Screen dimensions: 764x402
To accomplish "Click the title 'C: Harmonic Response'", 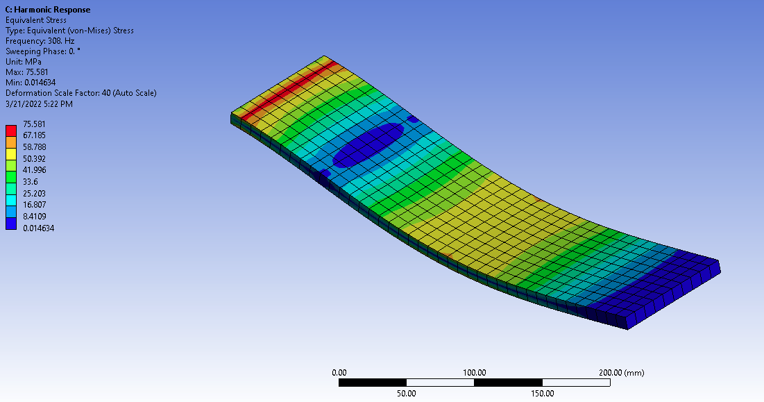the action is pos(48,10).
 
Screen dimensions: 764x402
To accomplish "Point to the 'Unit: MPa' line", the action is pos(24,62).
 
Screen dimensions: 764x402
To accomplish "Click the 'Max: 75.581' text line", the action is pos(27,72).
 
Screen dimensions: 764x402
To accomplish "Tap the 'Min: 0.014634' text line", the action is pos(31,83).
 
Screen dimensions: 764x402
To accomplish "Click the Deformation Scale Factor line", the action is pos(81,93).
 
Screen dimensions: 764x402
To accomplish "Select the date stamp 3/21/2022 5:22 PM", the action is pos(39,103).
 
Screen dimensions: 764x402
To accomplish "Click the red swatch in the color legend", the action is pos(10,131).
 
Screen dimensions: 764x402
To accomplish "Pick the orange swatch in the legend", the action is pos(10,142).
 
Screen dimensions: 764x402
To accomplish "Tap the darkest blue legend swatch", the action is pos(10,224).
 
